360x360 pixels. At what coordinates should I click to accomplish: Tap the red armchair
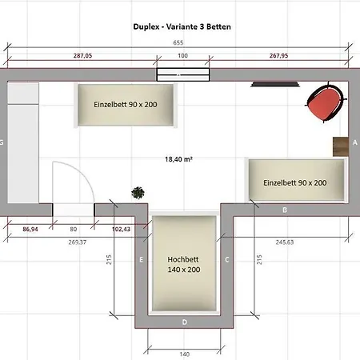point(326,103)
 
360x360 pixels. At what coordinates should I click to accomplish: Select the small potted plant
point(139,192)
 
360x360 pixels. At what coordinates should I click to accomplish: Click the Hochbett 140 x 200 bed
point(184,265)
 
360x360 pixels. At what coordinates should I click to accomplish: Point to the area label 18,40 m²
point(178,159)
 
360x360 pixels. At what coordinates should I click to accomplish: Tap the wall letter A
point(354,141)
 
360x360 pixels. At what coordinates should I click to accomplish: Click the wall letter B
point(285,210)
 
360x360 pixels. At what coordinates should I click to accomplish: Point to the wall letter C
point(226,259)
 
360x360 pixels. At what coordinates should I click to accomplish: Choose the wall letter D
point(184,322)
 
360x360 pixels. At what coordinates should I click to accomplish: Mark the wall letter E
point(141,259)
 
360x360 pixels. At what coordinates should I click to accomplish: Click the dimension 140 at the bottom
point(184,353)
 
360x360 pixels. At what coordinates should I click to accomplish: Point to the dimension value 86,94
point(30,230)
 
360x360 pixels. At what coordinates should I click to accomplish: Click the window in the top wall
point(183,74)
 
